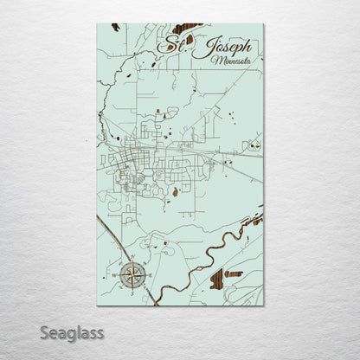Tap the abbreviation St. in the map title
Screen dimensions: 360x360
(x=174, y=42)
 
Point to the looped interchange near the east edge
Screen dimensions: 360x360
(x=252, y=147)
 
